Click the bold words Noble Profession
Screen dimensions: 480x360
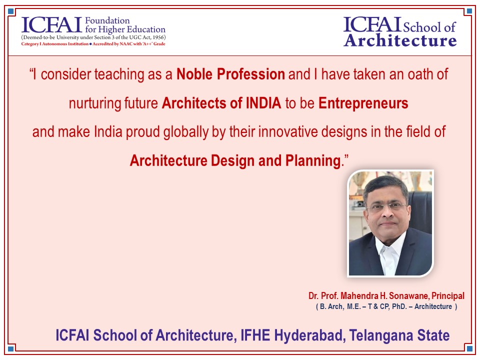point(230,74)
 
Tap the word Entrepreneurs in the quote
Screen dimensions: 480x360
point(363,103)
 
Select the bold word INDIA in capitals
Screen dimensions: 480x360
point(263,103)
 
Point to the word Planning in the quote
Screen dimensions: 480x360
point(313,160)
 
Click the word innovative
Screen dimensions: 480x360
point(288,132)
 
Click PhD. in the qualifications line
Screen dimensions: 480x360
point(399,306)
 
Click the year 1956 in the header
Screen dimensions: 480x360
point(158,37)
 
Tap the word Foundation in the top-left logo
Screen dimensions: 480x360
point(107,20)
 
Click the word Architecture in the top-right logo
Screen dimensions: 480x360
point(400,40)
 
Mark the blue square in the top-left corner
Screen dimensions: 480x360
point(10,11)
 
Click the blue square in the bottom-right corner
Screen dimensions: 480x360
point(468,348)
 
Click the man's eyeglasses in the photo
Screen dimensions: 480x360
point(387,207)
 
